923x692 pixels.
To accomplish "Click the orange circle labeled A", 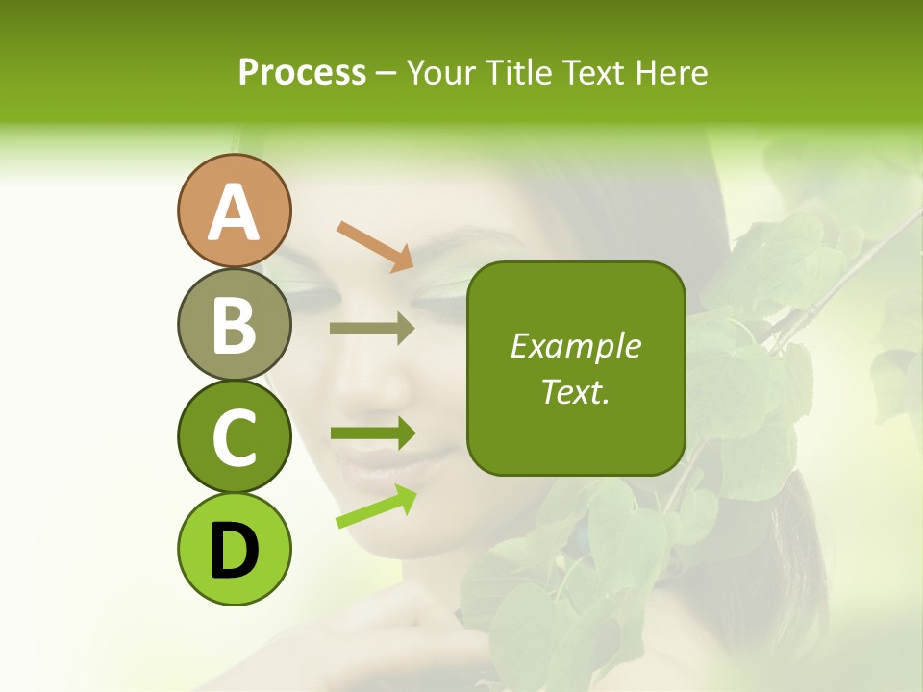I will pos(234,211).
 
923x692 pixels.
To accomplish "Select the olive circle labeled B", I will pos(234,325).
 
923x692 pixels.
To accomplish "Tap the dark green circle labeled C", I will pos(234,437).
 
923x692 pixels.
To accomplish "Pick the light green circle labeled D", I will pos(234,550).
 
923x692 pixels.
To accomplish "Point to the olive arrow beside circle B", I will pos(372,329).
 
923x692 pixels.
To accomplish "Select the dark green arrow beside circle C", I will pos(372,433).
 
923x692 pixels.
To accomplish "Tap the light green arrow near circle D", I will pos(376,507).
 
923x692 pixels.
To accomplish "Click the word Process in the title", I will pos(302,72).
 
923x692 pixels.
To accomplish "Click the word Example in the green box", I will pos(576,346).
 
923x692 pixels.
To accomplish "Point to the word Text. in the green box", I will pos(576,391).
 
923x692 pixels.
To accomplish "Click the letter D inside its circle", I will pos(234,552).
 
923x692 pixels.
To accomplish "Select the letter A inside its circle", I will pos(234,212).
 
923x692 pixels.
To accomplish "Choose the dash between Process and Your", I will pos(387,73).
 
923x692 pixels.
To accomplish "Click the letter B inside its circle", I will pos(234,326).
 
